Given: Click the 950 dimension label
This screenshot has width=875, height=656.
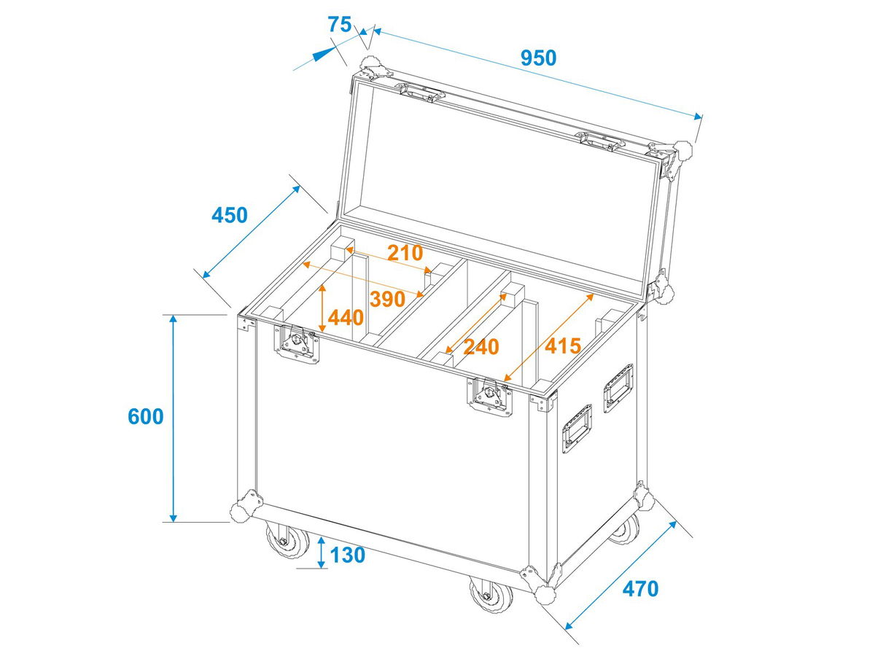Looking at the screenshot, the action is tap(537, 58).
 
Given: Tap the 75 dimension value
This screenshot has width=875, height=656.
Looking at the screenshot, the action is tap(340, 25).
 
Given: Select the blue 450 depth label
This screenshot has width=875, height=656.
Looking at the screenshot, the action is tap(229, 215).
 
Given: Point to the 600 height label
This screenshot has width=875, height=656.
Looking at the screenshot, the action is tap(146, 417).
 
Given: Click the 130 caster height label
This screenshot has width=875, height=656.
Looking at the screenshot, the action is tap(348, 555).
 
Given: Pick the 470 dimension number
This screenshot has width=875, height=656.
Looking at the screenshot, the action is tap(641, 589).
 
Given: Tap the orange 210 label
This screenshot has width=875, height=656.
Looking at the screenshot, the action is tap(405, 253).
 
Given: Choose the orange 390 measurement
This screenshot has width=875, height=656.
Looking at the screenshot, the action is tap(387, 299).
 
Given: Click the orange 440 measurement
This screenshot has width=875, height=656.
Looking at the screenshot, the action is tap(346, 318).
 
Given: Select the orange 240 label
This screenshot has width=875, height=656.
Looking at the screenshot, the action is tap(481, 347).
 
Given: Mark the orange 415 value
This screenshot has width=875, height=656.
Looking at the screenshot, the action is tap(563, 346).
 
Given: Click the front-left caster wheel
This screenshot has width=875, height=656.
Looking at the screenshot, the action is tap(287, 541).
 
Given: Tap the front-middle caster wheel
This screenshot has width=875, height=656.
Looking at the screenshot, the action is tap(491, 593).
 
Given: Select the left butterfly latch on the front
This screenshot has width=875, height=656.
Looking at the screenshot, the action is tap(296, 344).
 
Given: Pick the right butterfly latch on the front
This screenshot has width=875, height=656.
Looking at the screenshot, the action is tap(489, 397).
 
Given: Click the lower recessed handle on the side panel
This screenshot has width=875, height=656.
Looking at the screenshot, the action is tap(577, 429).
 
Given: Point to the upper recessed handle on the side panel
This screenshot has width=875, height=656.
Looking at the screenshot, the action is tap(618, 388).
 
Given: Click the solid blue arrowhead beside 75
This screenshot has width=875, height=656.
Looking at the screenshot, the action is tap(323, 53).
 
